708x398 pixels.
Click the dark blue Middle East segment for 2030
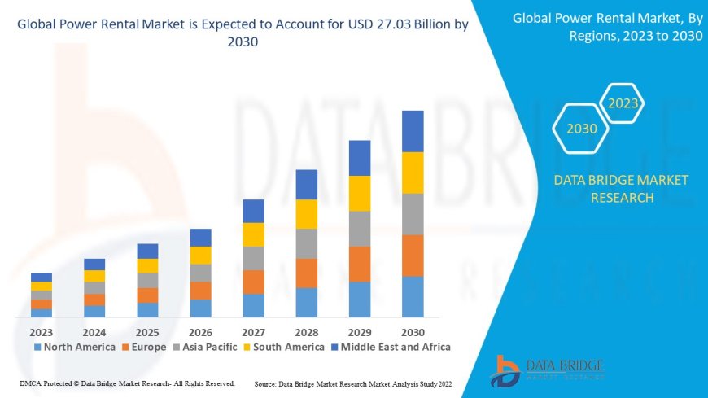tap(413, 131)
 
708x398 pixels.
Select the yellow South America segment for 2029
tap(360, 193)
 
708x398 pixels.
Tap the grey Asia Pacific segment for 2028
tap(306, 243)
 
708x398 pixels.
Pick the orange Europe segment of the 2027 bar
tap(253, 282)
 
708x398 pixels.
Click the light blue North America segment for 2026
tap(200, 308)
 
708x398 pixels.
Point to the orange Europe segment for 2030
tap(413, 256)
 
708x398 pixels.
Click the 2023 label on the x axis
tap(42, 332)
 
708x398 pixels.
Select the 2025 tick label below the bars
tap(147, 332)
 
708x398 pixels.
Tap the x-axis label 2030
tap(413, 332)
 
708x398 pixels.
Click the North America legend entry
tap(74, 347)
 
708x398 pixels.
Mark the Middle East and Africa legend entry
tap(390, 347)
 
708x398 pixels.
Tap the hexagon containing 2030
tap(582, 129)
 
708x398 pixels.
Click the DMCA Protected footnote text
tap(126, 383)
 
